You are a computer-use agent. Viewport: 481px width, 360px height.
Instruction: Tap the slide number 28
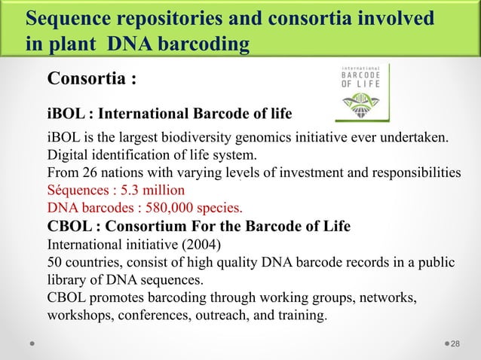click(455, 343)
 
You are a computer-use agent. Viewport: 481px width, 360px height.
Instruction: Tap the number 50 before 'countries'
click(56, 261)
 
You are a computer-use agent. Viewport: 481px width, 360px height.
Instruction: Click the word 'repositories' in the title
click(150, 19)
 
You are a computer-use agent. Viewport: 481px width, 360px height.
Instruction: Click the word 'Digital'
click(68, 156)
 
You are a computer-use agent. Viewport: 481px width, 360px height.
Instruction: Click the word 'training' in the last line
click(304, 314)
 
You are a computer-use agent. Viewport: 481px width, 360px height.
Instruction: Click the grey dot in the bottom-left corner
click(32, 344)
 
